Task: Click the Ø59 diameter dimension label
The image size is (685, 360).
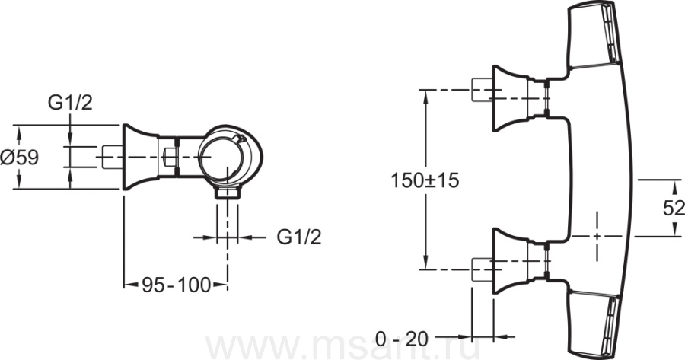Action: (x=20, y=158)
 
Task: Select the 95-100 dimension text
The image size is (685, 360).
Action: (x=177, y=285)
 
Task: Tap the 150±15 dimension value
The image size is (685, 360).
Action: (x=425, y=180)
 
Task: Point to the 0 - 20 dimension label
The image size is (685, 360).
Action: (x=403, y=339)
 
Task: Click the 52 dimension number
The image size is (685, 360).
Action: (x=674, y=209)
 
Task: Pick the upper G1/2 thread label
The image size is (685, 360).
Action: (x=70, y=103)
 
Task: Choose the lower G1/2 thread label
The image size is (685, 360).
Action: (x=299, y=237)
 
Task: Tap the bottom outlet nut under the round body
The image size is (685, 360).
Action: (x=227, y=193)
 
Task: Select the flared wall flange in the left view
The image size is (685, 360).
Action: (x=141, y=158)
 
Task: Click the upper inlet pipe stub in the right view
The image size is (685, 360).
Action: (x=483, y=91)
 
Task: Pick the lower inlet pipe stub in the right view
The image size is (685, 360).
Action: (x=483, y=269)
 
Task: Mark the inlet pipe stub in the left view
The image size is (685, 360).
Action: (x=113, y=158)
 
